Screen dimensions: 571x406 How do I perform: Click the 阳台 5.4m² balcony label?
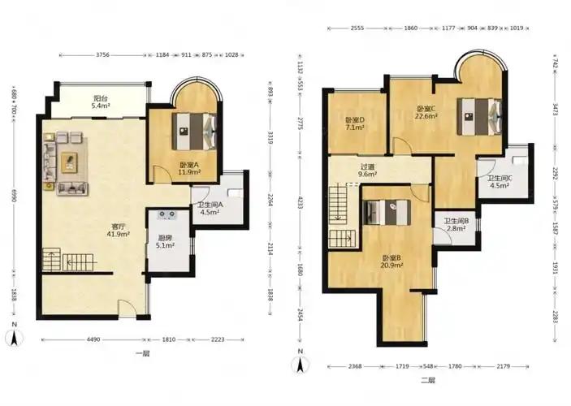pos(102,102)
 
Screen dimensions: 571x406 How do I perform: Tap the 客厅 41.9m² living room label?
pos(119,230)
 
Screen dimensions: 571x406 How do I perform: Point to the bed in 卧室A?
pos(194,131)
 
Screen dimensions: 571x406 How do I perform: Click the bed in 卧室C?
pos(479,117)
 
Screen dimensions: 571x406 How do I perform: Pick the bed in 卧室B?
pos(387,212)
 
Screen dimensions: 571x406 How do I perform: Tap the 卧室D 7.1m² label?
pos(355,123)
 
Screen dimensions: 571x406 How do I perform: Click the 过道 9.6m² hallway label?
pos(367,171)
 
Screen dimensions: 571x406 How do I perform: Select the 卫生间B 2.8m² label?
pos(456,225)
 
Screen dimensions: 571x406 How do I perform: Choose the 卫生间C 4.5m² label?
pos(500,182)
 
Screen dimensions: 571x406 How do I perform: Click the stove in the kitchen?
pos(167,215)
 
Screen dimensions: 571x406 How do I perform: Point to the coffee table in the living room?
pos(69,162)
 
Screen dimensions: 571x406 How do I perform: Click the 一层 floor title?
pos(142,353)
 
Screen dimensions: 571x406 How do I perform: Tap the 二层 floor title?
pos(428,381)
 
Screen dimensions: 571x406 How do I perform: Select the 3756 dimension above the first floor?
pos(102,55)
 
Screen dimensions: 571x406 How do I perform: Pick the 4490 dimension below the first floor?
pos(93,339)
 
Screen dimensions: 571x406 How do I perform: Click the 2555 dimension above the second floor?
pos(357,28)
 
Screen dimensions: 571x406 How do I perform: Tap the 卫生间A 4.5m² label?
pos(210,209)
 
